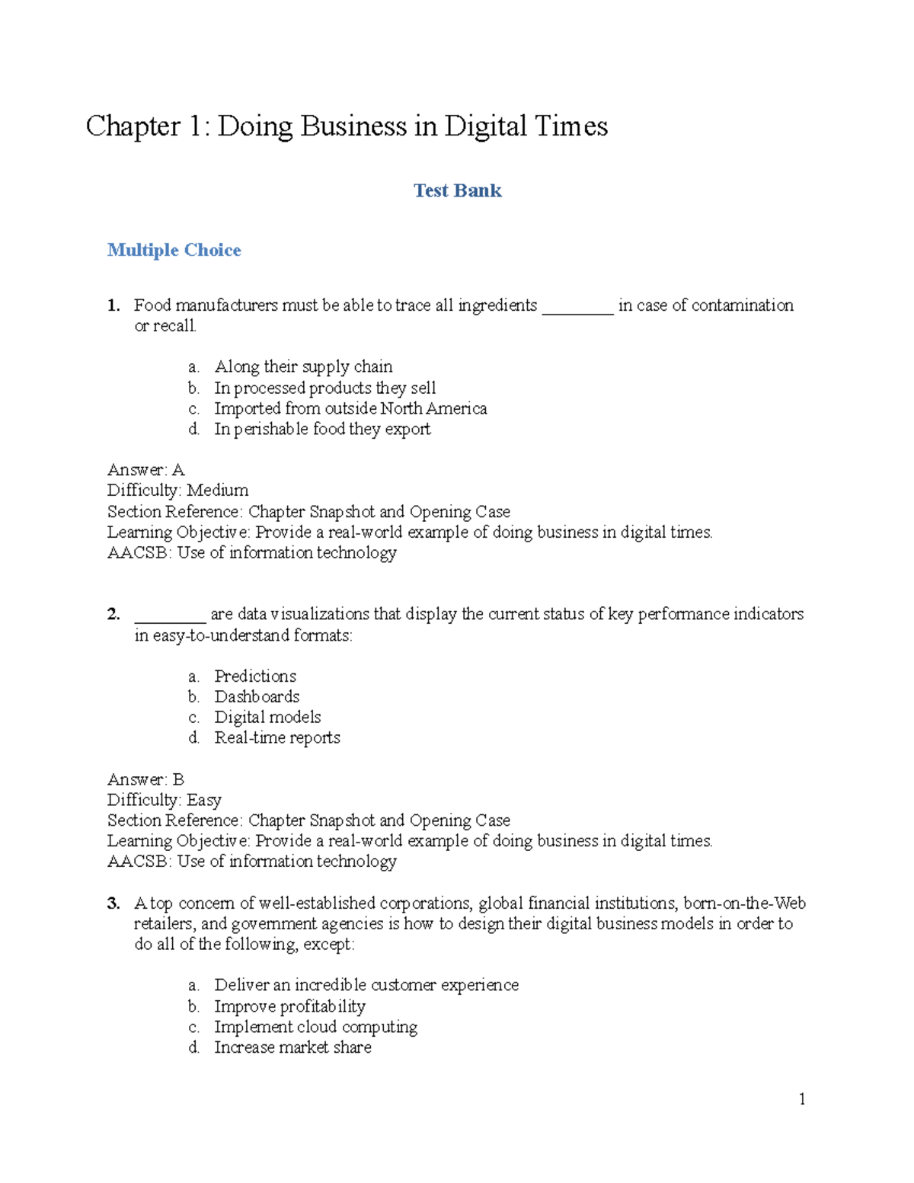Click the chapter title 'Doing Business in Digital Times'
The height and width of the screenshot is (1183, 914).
[347, 126]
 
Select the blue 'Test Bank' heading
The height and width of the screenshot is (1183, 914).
[457, 190]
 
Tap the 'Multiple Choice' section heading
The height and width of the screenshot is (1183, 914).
[174, 250]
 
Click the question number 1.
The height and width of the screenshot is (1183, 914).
[113, 305]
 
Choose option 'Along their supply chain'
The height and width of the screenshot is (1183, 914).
[303, 366]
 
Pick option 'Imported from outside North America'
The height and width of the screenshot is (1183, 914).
[350, 408]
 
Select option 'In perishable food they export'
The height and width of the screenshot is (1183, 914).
[322, 429]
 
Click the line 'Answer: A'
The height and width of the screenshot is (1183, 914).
[145, 470]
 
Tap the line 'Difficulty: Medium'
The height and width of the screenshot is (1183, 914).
[177, 491]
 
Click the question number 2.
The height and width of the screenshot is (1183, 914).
[113, 614]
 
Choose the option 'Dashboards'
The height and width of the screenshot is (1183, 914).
[257, 696]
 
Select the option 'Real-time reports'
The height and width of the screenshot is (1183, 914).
[277, 737]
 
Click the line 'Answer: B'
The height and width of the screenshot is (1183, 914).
[145, 779]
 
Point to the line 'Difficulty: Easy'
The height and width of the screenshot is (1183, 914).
[164, 800]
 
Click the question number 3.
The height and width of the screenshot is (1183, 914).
[113, 903]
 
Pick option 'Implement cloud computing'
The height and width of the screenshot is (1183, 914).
[315, 1027]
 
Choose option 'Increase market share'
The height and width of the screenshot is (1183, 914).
[292, 1047]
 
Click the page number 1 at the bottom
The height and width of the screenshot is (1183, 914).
[802, 1098]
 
